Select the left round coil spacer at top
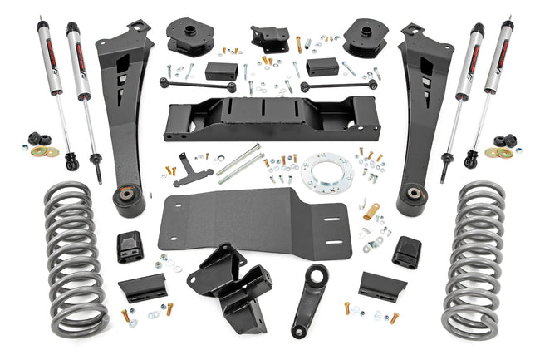pyautogui.click(x=189, y=37)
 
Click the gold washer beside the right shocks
pyautogui.click(x=502, y=152)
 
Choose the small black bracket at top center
pyautogui.click(x=270, y=38)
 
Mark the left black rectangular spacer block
pyautogui.click(x=222, y=69)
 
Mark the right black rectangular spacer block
pyautogui.click(x=322, y=67)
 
